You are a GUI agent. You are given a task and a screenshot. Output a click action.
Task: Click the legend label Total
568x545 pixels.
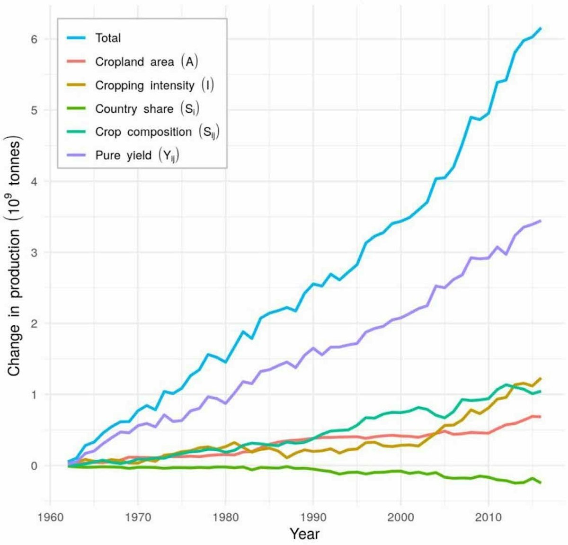pos(108,38)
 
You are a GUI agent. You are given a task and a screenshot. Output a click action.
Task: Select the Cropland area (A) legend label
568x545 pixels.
pos(146,62)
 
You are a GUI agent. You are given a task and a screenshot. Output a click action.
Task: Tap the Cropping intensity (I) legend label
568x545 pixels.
pos(154,85)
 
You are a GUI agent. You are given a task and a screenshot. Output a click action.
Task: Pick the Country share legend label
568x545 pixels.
pos(147,109)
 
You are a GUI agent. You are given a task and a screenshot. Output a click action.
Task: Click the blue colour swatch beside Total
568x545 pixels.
pos(76,38)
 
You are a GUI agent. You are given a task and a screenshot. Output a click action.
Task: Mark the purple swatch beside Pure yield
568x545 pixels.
pos(76,155)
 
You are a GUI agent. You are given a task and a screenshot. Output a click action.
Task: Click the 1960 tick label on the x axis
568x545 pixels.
pos(50,517)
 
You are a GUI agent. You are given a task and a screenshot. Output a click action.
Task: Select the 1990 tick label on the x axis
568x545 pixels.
pos(313,517)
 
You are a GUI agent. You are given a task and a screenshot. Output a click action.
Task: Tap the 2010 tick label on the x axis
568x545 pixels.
pos(488,517)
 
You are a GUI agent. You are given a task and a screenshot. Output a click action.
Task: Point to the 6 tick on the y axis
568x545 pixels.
pos(34,39)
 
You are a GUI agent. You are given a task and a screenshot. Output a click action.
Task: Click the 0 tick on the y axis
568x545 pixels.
pos(34,466)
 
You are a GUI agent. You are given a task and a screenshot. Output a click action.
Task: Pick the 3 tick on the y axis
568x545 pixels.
pos(34,252)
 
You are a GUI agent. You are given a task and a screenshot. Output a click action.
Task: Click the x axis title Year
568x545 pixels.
pos(304,534)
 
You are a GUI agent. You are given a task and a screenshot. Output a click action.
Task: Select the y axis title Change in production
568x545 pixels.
pos(15,258)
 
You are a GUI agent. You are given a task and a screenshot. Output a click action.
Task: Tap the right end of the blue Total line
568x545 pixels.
pos(541,28)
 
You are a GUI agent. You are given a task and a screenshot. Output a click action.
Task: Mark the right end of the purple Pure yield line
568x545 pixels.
pos(541,221)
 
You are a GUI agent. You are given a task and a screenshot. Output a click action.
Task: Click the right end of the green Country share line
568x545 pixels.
pos(541,482)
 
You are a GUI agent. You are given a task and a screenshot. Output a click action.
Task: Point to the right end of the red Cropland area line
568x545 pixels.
pos(541,417)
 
